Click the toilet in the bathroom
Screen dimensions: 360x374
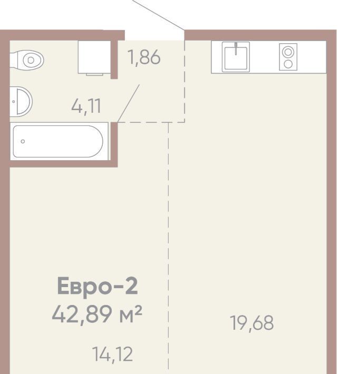pos(27,60)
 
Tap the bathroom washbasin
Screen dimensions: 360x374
pos(21,101)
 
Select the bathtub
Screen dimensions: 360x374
pos(58,142)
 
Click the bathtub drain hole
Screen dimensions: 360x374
pos(23,142)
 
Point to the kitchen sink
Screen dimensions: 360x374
pos(236,57)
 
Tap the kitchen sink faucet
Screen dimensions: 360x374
pos(236,48)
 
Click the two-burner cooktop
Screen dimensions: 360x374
pos(288,57)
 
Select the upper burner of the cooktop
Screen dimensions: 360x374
pos(288,52)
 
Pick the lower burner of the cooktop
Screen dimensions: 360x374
pos(288,64)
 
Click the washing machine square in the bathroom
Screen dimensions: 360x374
pos(94,57)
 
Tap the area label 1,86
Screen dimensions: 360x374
pos(144,57)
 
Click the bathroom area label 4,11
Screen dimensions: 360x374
pos(86,106)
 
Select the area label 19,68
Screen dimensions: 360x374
pos(252,323)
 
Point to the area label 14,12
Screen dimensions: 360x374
pos(112,355)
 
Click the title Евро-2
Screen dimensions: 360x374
pos(98,286)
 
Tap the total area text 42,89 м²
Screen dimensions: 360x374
pos(97,314)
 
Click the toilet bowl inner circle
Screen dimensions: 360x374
pos(31,60)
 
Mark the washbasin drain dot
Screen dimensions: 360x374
pos(14,102)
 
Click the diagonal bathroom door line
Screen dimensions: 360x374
pos(129,103)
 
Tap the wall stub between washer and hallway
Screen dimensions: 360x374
pos(114,60)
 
